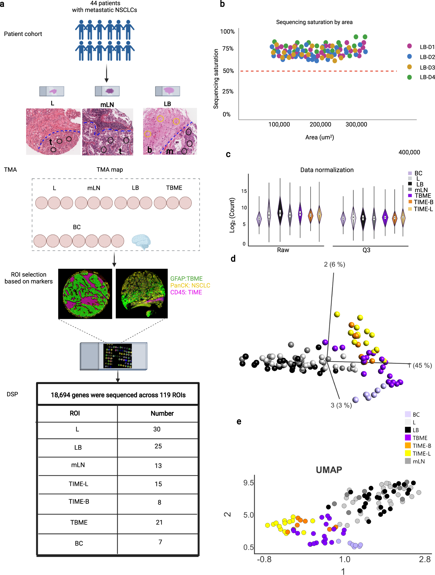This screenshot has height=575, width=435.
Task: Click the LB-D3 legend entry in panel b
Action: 427,67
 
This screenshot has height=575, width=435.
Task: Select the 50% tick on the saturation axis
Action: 228,71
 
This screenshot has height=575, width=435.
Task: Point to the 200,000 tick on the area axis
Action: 320,125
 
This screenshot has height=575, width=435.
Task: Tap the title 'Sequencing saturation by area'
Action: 314,22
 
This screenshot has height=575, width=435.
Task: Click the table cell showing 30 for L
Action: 157,429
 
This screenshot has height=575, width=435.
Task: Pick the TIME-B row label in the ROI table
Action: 79,501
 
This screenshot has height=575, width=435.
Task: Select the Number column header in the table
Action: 162,413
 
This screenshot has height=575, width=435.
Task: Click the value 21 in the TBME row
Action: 159,522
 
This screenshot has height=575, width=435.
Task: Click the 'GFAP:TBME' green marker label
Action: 186,278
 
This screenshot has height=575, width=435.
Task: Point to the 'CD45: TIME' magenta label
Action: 186,292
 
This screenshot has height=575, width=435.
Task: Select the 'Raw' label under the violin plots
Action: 283,250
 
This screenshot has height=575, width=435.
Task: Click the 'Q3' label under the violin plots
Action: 366,250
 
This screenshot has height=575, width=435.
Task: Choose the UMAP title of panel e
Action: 328,470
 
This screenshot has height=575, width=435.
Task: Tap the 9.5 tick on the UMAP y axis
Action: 248,483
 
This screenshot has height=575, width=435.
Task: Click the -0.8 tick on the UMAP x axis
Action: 264,559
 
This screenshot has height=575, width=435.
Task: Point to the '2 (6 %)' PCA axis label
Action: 334,264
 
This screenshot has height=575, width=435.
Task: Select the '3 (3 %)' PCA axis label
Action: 341,405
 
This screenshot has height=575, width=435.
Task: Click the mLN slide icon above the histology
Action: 107,91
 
